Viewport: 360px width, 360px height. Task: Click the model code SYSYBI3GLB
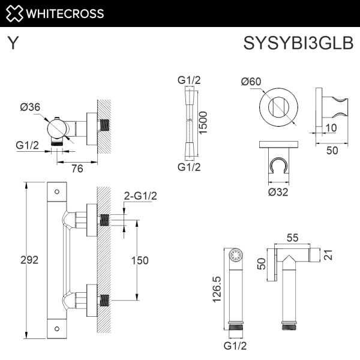point(298,44)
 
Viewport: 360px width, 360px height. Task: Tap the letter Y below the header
point(13,44)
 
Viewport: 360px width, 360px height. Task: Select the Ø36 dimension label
point(30,107)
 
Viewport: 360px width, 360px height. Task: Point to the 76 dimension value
point(77,169)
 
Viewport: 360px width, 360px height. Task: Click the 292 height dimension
point(29,260)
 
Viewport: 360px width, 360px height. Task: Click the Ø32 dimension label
point(278,191)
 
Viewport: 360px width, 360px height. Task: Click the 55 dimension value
point(293,238)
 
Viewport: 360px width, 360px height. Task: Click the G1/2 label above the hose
point(188,81)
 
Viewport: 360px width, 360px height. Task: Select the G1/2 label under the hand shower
point(235,346)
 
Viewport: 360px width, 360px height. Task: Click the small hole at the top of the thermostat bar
point(56,193)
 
